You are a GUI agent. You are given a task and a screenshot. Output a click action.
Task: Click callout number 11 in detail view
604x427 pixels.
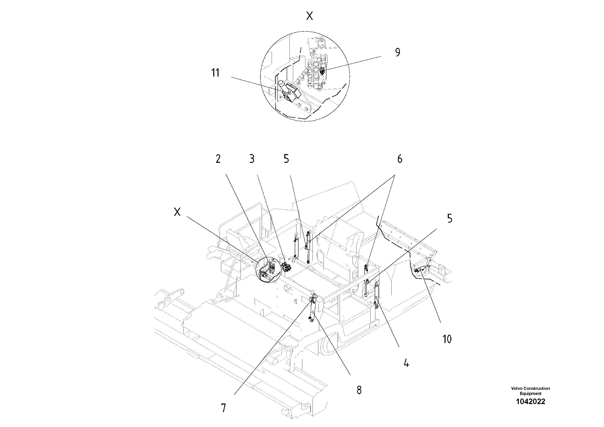[215, 73]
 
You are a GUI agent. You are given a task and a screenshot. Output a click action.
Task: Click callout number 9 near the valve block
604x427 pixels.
[397, 52]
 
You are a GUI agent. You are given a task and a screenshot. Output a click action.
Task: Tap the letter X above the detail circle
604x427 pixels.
[310, 16]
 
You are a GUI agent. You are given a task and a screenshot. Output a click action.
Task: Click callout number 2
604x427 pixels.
[218, 159]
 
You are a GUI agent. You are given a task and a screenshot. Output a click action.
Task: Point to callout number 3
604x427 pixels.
[252, 159]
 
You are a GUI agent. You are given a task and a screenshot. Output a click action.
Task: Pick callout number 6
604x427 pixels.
[400, 159]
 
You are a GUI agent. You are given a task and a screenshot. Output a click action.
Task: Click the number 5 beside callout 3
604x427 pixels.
[286, 159]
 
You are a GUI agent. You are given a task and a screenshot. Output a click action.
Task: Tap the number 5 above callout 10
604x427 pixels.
[450, 218]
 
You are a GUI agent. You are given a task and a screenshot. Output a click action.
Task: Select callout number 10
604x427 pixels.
[447, 339]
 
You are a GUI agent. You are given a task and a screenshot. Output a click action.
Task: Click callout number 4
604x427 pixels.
[406, 364]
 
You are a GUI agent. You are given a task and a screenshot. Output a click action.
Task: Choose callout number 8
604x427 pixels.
[359, 390]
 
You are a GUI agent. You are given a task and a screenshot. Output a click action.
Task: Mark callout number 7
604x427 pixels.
[223, 408]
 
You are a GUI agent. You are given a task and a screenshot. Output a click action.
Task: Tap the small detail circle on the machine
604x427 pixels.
[267, 270]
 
